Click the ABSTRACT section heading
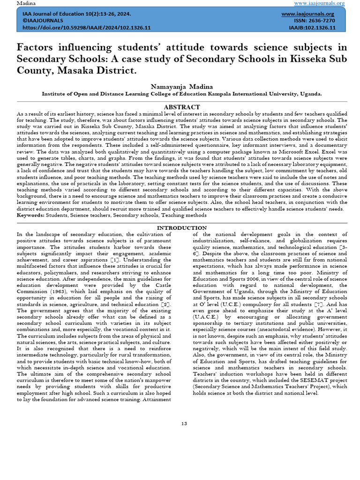[182, 107]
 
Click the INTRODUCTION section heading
[181, 228]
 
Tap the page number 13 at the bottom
[184, 424]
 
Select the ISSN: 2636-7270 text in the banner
[315, 21]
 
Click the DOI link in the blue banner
[87, 28]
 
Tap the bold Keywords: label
[31, 215]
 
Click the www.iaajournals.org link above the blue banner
[319, 3]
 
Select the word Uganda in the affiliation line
[311, 94]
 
